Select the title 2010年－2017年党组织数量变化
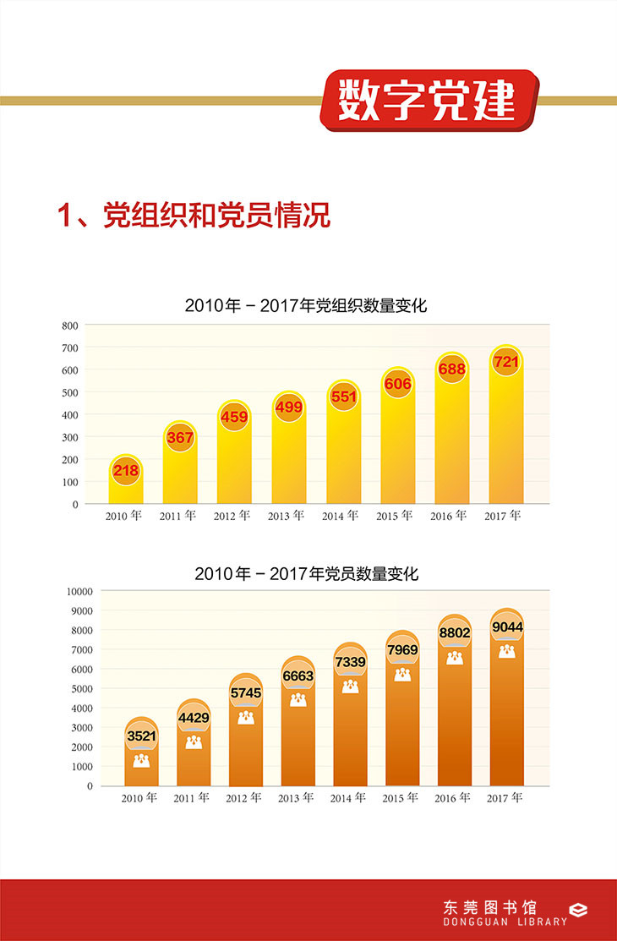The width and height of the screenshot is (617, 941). pos(306,306)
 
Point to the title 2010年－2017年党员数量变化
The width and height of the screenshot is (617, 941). pos(306,573)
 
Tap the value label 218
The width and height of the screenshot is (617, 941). pos(125,470)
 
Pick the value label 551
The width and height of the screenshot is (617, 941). pos(343,397)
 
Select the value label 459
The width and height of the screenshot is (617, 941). pos(233,417)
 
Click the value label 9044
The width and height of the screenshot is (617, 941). pos(506,628)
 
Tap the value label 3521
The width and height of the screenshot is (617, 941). pos(141,736)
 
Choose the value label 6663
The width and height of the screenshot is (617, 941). pos(298,676)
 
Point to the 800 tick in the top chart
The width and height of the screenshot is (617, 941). pos(69,326)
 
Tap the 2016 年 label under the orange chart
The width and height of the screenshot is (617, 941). pos(453,798)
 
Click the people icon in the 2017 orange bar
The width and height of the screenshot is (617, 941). pos(506,651)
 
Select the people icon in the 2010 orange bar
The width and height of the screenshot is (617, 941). pos(141,761)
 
